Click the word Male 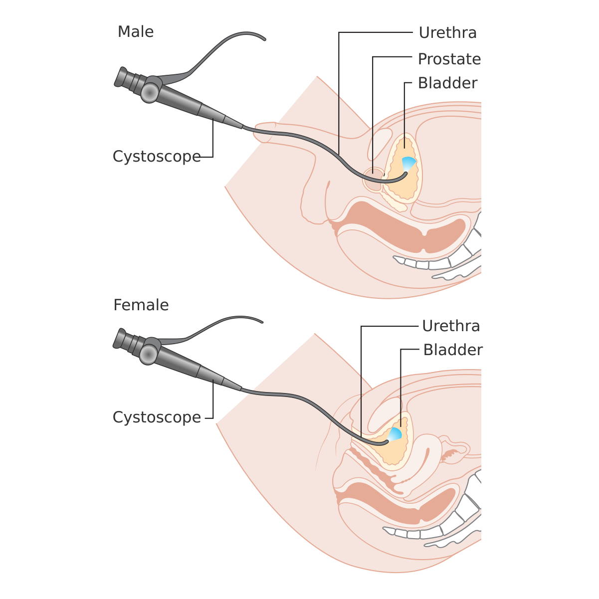(x=135, y=32)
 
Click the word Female (x=141, y=305)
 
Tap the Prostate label (x=449, y=59)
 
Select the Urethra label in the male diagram (x=447, y=33)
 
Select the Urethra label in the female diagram (x=451, y=326)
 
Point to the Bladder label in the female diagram (x=453, y=350)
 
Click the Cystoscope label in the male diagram (x=157, y=157)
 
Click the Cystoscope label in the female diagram (x=157, y=417)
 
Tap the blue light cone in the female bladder (x=395, y=433)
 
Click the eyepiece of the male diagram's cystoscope (x=123, y=78)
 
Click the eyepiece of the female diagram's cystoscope (x=122, y=339)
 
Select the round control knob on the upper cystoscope (x=149, y=92)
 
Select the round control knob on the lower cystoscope (x=148, y=354)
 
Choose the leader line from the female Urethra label (x=361, y=379)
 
